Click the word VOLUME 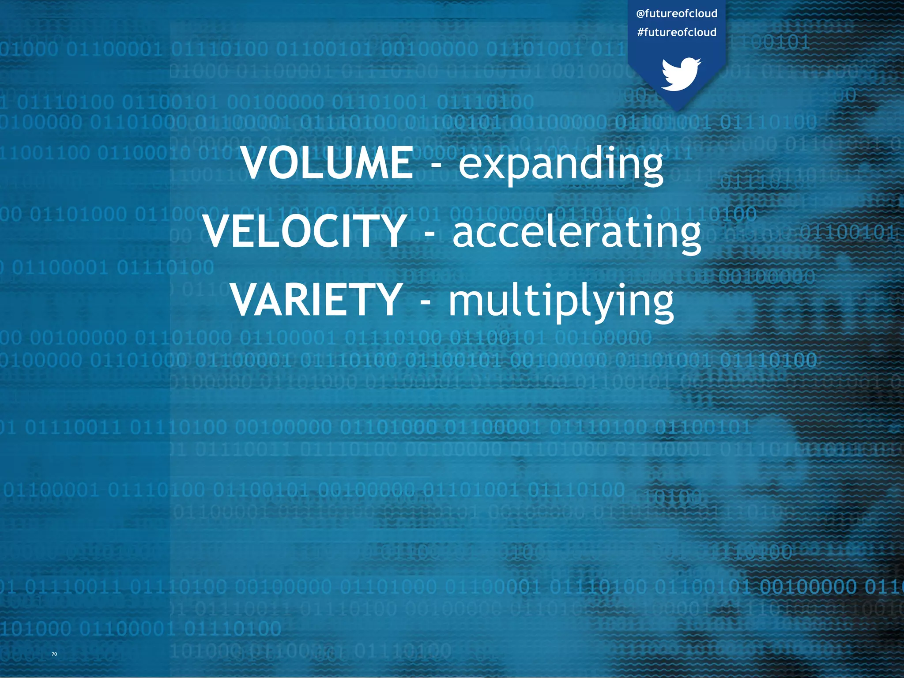[x=327, y=163]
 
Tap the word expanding [x=561, y=164]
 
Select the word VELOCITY [x=305, y=231]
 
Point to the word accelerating [x=576, y=232]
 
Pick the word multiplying [x=561, y=301]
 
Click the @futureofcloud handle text [x=677, y=14]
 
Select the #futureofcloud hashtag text [x=677, y=32]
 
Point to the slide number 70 [x=54, y=654]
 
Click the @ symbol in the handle [x=641, y=14]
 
